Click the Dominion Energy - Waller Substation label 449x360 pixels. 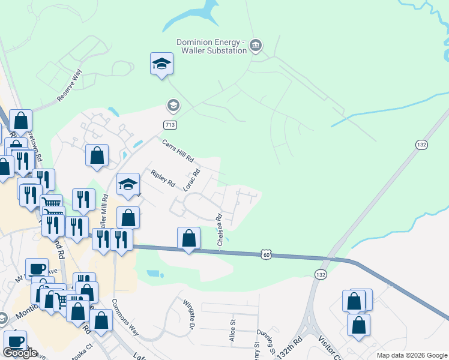point(211,46)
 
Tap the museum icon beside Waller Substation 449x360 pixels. point(256,46)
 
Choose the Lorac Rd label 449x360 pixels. point(191,180)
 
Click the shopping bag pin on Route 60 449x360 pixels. point(188,238)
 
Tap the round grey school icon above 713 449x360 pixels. point(173,106)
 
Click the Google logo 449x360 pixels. point(20,353)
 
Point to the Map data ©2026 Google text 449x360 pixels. point(411,355)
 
